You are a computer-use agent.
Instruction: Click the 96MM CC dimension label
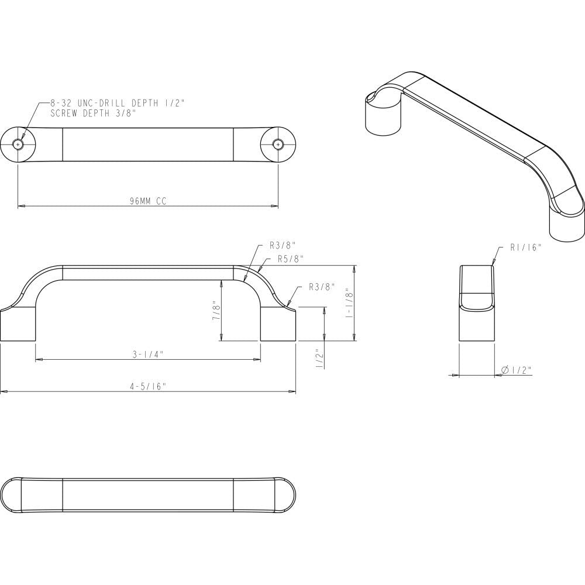point(148,201)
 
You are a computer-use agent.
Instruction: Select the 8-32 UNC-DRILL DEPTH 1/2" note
point(117,103)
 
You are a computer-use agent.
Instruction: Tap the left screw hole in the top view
point(19,144)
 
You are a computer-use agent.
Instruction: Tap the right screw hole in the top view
point(278,144)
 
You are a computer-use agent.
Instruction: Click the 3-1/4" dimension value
point(148,354)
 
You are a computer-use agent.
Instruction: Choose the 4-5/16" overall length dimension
point(148,386)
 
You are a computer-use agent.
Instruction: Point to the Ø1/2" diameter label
point(517,370)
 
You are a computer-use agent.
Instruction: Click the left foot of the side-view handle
point(18,325)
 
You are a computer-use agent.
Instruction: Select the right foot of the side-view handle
point(278,325)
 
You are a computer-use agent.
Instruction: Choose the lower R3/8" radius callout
point(321,287)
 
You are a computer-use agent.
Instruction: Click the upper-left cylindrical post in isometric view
point(383,114)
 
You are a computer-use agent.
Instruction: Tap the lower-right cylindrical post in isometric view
point(566,225)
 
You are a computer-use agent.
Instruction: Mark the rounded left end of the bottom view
point(12,495)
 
